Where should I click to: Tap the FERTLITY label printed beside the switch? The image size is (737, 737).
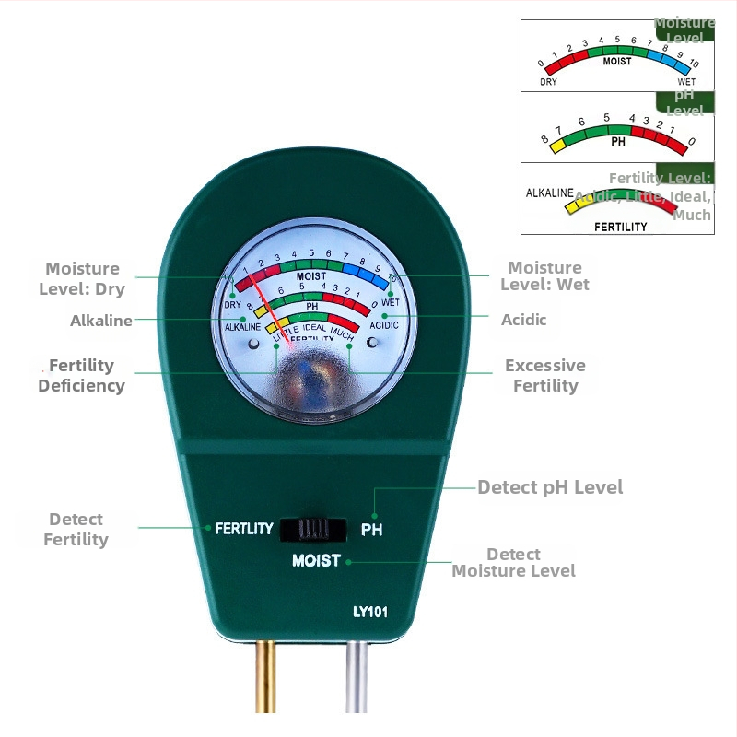(x=244, y=529)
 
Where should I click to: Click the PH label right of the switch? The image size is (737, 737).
(x=371, y=530)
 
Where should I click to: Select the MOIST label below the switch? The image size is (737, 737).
(x=316, y=560)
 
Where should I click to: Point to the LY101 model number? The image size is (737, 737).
(x=369, y=611)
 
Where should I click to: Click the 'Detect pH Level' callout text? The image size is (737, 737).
(x=550, y=486)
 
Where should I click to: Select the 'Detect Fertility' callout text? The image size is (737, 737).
(x=76, y=530)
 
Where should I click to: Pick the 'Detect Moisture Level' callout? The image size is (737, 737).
(x=513, y=562)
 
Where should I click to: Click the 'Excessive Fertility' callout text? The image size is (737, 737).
(x=545, y=375)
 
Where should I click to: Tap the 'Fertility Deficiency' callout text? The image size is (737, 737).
(x=81, y=375)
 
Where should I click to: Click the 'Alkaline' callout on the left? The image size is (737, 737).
(x=100, y=321)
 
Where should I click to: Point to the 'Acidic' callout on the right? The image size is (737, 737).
(x=523, y=320)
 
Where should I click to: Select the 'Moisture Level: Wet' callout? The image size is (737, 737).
(x=544, y=275)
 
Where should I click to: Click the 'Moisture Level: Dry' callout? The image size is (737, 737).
(x=82, y=278)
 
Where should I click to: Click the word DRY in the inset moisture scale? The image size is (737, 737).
(x=549, y=82)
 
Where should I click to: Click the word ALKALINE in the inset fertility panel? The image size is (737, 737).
(x=549, y=193)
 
